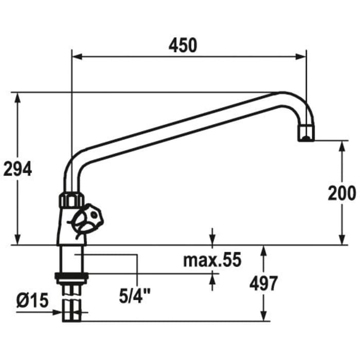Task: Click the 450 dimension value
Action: click(x=183, y=45)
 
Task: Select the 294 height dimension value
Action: click(x=17, y=168)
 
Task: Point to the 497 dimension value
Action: click(x=263, y=283)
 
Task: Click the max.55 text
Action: click(x=212, y=260)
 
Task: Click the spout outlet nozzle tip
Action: click(x=306, y=136)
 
